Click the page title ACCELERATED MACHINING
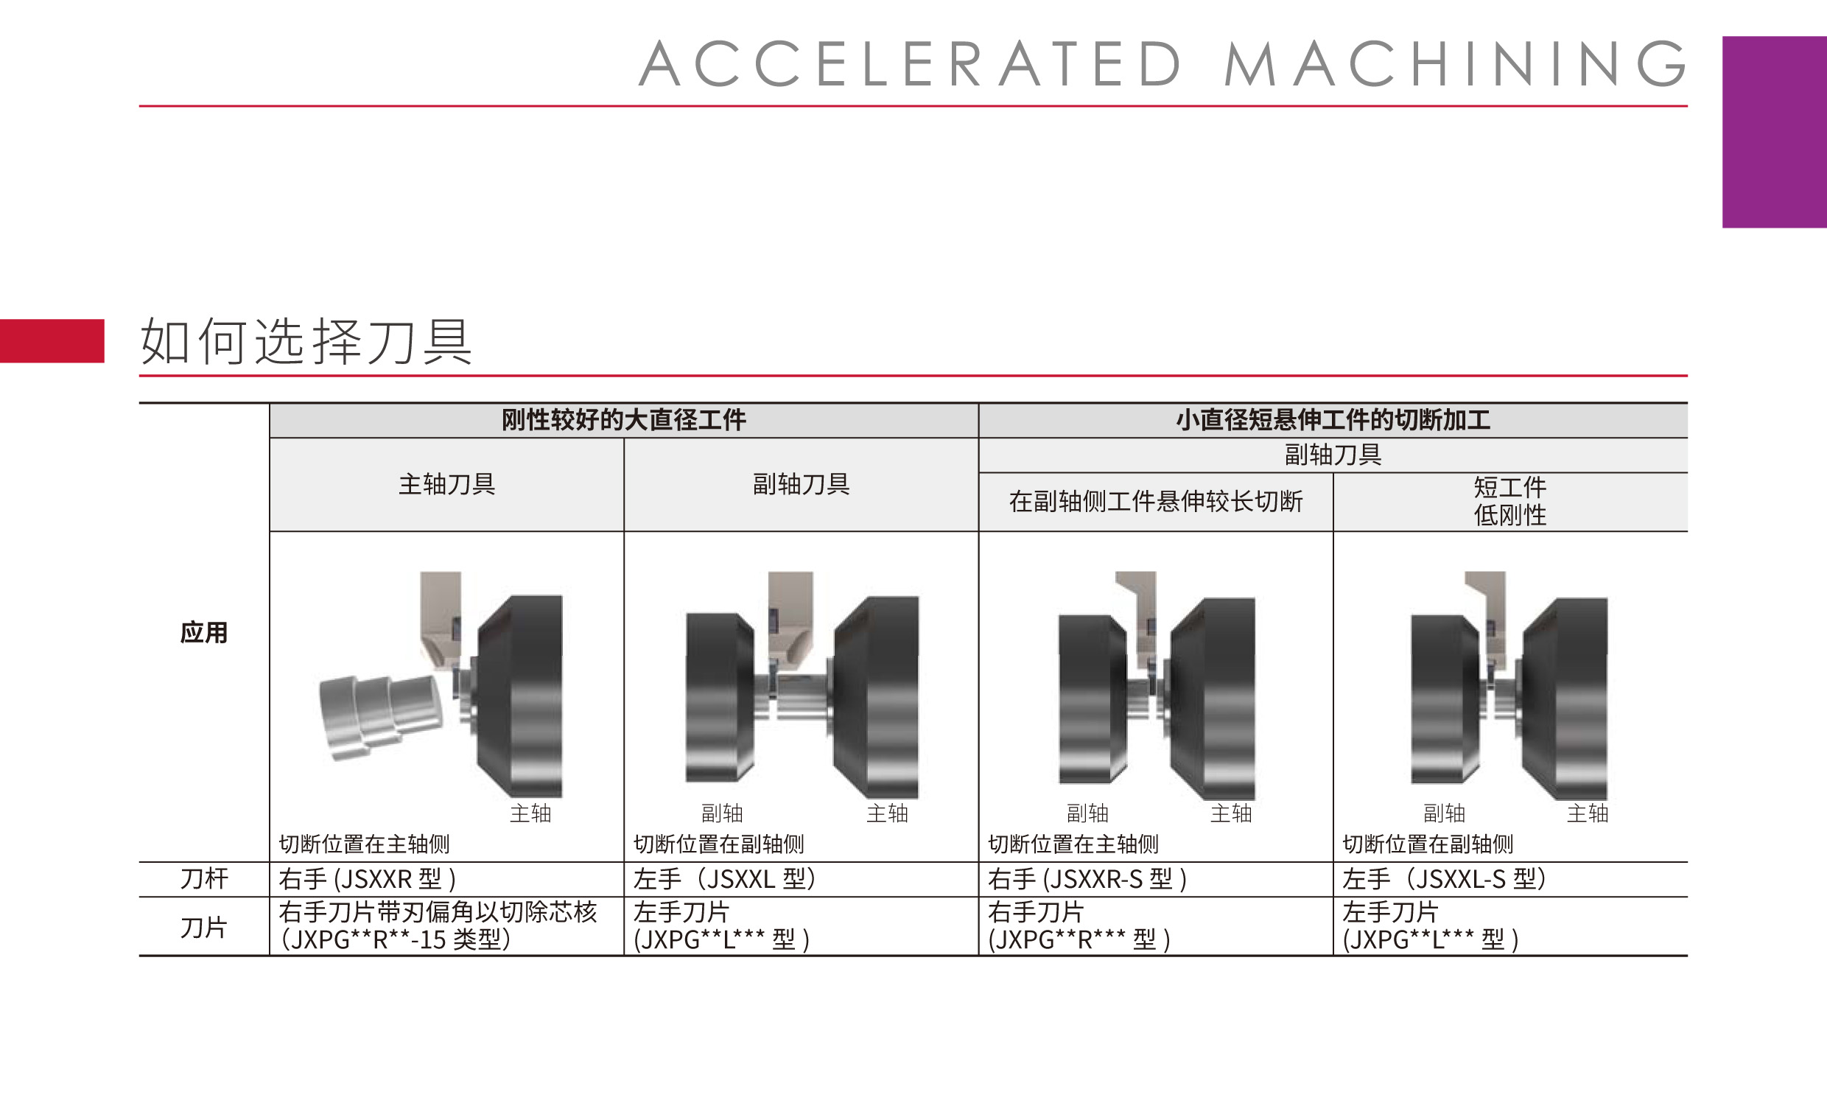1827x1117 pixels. point(1162,64)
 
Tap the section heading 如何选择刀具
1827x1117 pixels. point(306,342)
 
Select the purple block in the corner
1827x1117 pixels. point(1775,132)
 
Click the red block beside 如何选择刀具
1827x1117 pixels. point(52,341)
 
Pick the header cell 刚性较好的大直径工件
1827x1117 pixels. point(623,421)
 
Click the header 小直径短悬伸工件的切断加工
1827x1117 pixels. point(1333,421)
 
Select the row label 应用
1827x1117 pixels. point(204,633)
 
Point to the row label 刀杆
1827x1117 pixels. point(204,879)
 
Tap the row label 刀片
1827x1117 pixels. point(204,927)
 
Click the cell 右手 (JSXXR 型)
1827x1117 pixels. point(367,879)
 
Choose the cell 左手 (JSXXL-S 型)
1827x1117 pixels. point(1444,879)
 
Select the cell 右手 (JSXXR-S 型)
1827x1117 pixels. point(1087,879)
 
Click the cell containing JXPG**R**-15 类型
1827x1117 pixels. point(438,925)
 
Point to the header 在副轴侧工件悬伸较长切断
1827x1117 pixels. point(1156,502)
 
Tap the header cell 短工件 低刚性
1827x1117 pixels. point(1510,501)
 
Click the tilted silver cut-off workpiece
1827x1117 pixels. point(380,715)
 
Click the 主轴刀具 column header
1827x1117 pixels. point(447,484)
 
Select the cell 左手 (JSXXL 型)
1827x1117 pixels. point(724,879)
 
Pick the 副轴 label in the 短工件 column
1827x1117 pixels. point(1445,813)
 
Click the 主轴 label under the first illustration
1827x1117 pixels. point(531,813)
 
